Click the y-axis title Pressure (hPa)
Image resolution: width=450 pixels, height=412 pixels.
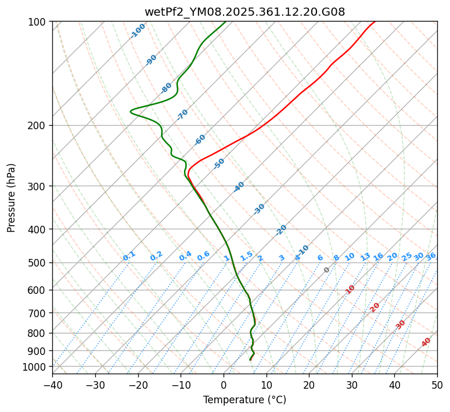(11, 198)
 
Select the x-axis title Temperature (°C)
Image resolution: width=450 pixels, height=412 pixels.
(244, 400)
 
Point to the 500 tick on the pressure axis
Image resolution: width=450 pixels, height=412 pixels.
(39, 263)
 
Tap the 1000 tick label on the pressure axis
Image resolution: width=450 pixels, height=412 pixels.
(36, 367)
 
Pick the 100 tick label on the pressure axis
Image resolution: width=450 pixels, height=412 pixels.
(39, 22)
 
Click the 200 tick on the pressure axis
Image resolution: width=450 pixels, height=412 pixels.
(39, 126)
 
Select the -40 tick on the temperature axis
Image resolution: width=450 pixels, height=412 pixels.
(52, 385)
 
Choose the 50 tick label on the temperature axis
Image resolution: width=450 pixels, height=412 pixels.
(437, 385)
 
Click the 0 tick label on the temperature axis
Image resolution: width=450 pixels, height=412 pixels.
(224, 385)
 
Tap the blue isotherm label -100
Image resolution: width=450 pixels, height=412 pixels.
(138, 31)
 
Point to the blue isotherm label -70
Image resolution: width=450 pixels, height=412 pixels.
(182, 115)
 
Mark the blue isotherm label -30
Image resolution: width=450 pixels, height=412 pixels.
(259, 209)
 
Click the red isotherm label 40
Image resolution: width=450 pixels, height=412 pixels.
(426, 342)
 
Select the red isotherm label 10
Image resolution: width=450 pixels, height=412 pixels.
(350, 289)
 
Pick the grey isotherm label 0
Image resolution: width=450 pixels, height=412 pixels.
(327, 270)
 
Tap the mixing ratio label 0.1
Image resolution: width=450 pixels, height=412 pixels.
(129, 255)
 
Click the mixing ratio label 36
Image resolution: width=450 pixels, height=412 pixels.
(431, 256)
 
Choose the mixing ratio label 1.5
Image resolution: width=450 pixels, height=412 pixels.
(246, 255)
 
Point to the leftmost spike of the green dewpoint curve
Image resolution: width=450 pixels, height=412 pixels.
(131, 111)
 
